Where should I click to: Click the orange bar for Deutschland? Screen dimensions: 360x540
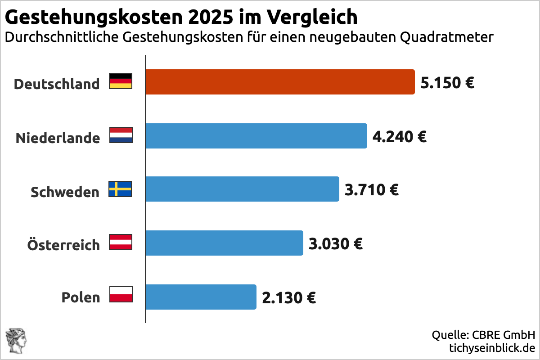279,82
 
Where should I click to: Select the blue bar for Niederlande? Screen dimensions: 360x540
256,136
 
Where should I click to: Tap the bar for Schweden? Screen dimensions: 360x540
242,189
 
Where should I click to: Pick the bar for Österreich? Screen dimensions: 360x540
224,243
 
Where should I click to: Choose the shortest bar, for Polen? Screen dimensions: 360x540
200,297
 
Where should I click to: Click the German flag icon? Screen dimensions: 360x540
121,81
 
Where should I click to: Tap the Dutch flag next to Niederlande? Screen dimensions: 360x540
121,135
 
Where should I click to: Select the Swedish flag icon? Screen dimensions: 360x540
121,189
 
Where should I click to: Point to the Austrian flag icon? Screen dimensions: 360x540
121,243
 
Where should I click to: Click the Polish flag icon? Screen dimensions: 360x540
121,294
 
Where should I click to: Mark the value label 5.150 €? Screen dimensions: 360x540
447,83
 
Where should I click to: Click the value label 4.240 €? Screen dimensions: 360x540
400,136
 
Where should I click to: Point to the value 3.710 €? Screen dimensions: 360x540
372,190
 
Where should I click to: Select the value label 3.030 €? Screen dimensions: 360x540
336,244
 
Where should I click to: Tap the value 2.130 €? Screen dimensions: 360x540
289,298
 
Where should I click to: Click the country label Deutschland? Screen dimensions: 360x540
57,84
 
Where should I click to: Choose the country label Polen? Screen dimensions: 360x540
81,298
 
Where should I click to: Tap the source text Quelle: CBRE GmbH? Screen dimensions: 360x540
483,335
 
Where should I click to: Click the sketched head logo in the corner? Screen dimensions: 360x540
16,341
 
